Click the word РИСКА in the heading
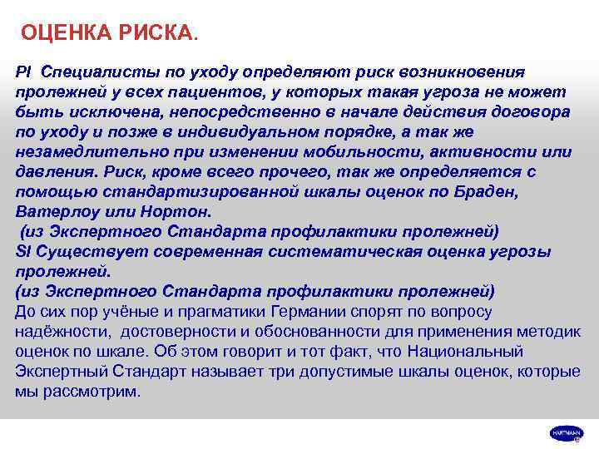coord(156,33)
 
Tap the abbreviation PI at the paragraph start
coord(23,72)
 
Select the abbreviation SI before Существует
coord(23,251)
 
